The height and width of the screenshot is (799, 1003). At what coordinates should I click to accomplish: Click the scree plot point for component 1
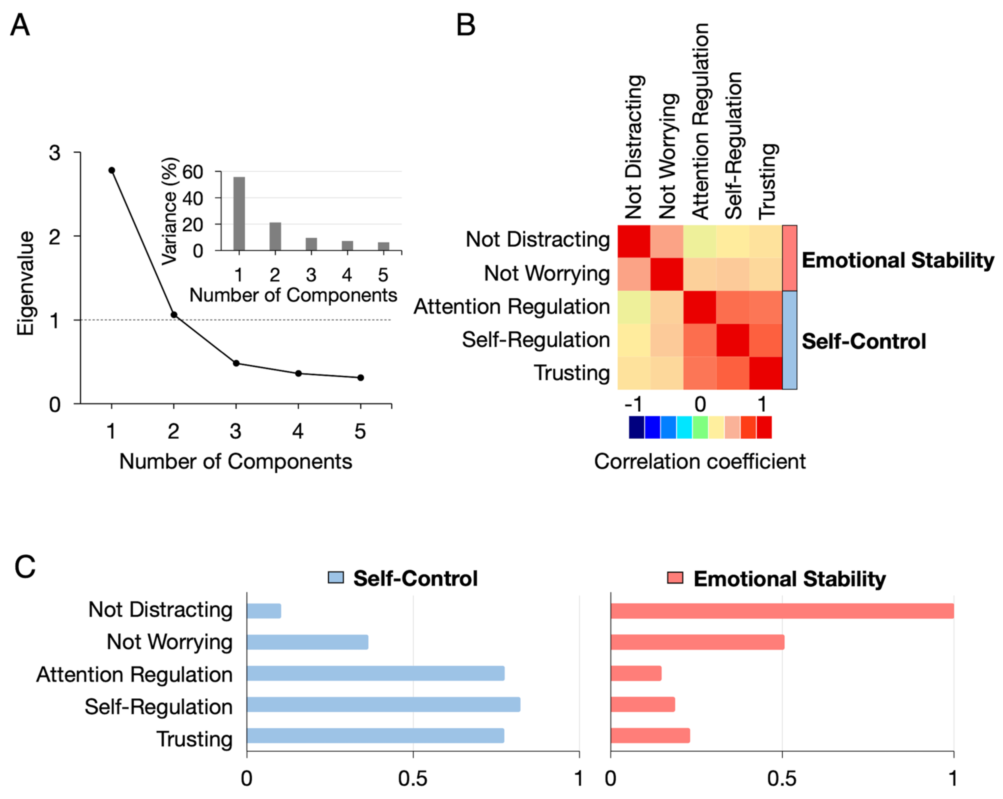(x=112, y=170)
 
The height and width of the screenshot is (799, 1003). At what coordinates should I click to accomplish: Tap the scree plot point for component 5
(x=361, y=378)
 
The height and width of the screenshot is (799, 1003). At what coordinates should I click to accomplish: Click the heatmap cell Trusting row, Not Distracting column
(x=634, y=373)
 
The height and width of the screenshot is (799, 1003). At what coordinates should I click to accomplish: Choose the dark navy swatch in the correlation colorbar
(x=636, y=428)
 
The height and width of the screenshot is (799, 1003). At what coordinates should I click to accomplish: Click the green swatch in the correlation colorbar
(x=700, y=428)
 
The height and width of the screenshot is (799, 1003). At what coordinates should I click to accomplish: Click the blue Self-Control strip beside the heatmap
(x=789, y=340)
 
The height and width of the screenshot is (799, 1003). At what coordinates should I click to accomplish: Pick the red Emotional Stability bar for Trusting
(x=650, y=736)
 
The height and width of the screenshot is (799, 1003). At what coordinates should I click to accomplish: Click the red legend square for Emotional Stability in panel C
(x=675, y=578)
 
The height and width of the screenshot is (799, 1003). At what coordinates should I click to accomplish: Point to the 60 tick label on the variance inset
(x=193, y=172)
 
